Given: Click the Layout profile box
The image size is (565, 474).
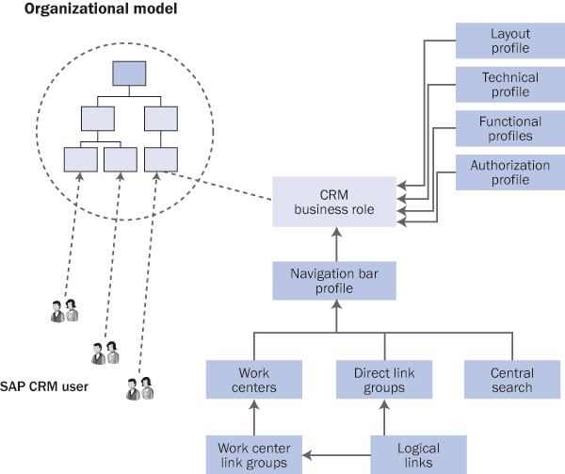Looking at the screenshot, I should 509,41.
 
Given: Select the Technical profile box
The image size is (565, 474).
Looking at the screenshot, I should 509,84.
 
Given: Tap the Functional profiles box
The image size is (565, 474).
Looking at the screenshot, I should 509,128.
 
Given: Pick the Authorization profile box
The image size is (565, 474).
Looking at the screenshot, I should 509,172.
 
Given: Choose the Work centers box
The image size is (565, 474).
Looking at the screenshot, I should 253,380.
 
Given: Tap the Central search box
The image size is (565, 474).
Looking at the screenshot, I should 511,380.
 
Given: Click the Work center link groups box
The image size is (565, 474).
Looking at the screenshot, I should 253,454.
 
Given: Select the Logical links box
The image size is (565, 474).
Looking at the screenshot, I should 418,454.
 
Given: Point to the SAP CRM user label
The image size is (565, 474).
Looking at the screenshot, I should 44,385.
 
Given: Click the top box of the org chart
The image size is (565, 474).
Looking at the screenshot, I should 129,74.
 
